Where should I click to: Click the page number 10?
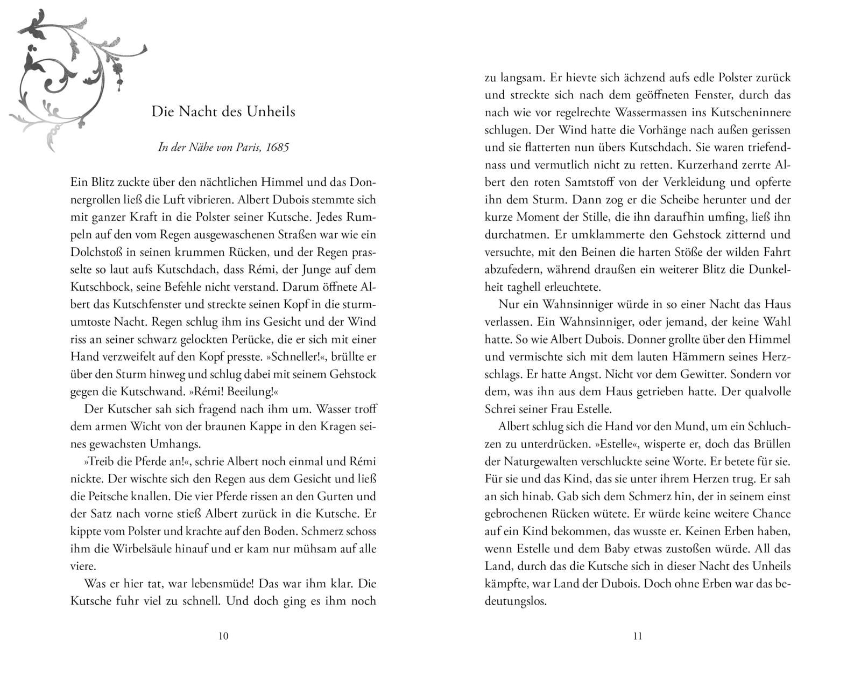click(223, 636)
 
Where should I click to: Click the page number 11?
click(637, 636)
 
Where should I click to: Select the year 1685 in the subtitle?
click(277, 147)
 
